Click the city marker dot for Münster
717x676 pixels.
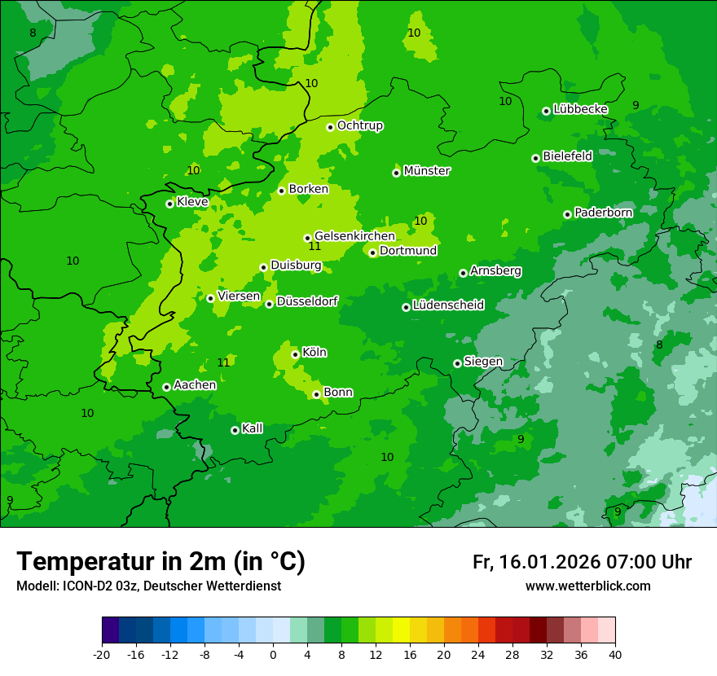tap(396, 173)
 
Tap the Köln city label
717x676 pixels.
tap(314, 353)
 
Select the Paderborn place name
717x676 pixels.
tap(603, 213)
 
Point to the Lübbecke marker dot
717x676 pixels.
tap(546, 111)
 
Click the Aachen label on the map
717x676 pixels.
tap(195, 385)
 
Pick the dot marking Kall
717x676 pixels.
tap(235, 430)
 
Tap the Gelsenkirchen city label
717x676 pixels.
tap(354, 236)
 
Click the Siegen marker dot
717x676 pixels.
tap(457, 363)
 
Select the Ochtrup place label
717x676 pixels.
tap(359, 125)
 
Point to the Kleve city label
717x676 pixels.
tap(192, 202)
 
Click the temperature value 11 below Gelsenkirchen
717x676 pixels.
tap(315, 247)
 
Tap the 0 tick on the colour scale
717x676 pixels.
tap(273, 655)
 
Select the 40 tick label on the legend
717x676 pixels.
tap(614, 655)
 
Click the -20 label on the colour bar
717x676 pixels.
tap(102, 655)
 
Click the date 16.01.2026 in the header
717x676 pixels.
tap(548, 562)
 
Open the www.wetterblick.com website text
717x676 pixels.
tap(587, 586)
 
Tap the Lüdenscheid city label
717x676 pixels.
tap(448, 305)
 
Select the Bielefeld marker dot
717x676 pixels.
tap(535, 158)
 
